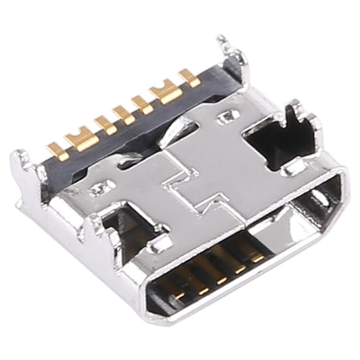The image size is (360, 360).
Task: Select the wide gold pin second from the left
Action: point(82,139)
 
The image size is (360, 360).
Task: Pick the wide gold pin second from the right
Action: point(170,91)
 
